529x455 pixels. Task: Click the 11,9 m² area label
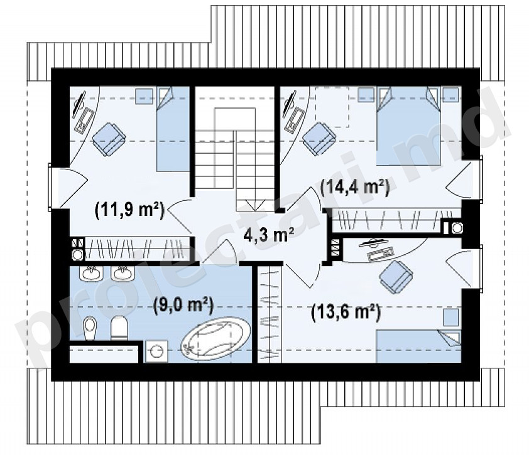click(129, 211)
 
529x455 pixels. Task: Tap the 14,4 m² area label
click(355, 188)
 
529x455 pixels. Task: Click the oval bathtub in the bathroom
click(216, 338)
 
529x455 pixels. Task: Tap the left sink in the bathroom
click(90, 273)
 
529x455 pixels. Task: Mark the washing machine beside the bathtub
click(156, 351)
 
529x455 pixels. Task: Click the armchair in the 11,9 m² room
click(109, 139)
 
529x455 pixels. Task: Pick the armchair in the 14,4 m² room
click(319, 138)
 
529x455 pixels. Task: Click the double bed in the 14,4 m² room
click(408, 126)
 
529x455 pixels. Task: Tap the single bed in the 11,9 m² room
click(173, 129)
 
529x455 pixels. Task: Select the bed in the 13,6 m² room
click(418, 346)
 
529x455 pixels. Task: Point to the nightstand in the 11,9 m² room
click(144, 96)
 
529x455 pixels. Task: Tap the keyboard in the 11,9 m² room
click(84, 120)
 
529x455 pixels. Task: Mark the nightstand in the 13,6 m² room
click(451, 317)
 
